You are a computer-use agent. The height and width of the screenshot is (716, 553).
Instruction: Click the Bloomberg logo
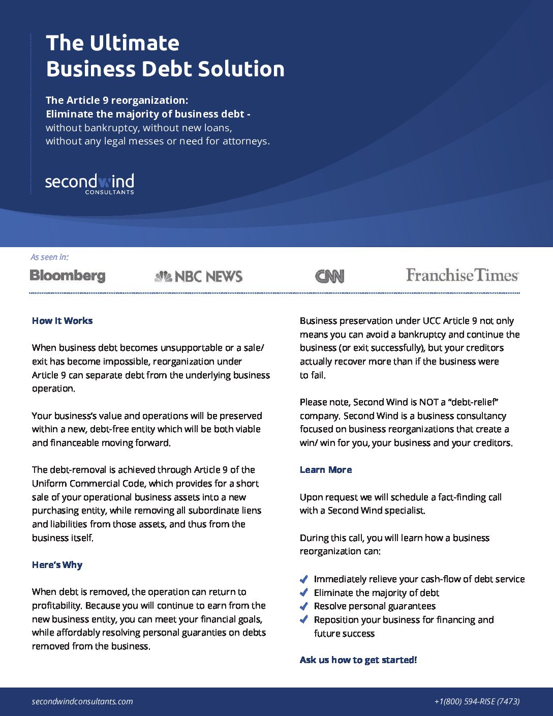coord(68,276)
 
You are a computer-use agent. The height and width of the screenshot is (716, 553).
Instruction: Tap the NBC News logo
coord(198,276)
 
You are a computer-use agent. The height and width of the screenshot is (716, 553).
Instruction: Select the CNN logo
coord(329,276)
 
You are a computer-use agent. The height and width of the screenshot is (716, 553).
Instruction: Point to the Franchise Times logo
coord(462,275)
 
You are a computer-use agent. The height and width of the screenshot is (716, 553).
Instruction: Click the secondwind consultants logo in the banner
coord(89,183)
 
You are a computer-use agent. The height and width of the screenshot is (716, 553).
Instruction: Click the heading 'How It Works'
coord(62,321)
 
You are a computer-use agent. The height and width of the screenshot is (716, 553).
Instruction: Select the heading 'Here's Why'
coord(57,565)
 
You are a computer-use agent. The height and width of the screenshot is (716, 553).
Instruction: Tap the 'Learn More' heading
coord(326,470)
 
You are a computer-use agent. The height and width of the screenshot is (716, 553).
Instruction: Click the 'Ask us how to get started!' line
coord(358,660)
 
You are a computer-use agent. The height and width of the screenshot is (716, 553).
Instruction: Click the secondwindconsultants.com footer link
coord(82,701)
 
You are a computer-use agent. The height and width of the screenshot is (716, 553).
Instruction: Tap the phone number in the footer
coord(477,701)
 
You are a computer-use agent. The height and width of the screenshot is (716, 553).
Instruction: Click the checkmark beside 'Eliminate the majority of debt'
coord(304,592)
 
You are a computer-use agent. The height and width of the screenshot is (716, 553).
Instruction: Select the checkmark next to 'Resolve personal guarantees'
coord(304,606)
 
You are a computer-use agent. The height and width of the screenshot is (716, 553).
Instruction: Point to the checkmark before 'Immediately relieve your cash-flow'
coord(304,579)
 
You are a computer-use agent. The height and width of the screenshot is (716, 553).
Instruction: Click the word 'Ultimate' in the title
coord(135,43)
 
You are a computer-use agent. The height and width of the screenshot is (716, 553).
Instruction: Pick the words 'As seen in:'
coord(49,257)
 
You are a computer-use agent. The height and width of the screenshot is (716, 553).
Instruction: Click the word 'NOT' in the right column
coord(428,402)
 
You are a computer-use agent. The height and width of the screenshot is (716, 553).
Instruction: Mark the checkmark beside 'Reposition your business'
coord(304,620)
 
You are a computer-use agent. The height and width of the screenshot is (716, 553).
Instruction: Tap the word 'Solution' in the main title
coord(241,69)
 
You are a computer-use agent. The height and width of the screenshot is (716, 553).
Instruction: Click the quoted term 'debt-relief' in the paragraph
coord(471,402)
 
